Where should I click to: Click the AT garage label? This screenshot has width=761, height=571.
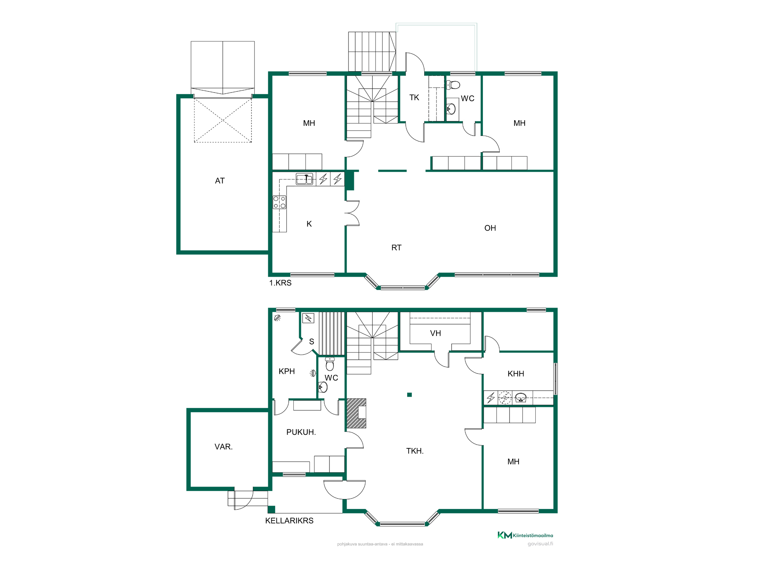click(x=220, y=181)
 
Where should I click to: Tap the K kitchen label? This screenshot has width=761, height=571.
click(x=309, y=224)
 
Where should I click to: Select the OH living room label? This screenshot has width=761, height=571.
click(x=490, y=228)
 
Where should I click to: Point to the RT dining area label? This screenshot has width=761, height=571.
click(x=396, y=248)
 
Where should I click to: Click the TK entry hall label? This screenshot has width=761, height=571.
click(x=414, y=97)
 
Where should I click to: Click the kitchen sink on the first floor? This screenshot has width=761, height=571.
click(x=304, y=179)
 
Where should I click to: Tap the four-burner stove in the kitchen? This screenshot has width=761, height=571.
click(x=280, y=202)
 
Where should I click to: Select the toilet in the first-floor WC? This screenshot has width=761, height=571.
click(x=453, y=85)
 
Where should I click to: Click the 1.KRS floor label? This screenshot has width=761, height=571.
click(x=280, y=283)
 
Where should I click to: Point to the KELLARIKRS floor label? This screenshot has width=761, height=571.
click(x=289, y=521)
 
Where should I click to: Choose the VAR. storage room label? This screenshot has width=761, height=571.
click(x=224, y=447)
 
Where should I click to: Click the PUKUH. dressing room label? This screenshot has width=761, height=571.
click(x=301, y=432)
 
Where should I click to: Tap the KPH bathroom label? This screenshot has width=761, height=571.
click(x=287, y=371)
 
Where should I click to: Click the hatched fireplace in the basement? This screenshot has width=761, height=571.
click(x=356, y=413)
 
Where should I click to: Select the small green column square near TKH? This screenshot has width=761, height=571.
click(x=409, y=395)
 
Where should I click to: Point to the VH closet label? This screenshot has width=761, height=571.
click(x=435, y=333)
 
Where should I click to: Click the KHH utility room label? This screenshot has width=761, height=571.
click(x=516, y=374)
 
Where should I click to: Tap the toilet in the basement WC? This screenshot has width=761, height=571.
click(x=330, y=364)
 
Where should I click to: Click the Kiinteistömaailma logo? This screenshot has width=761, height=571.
click(x=525, y=535)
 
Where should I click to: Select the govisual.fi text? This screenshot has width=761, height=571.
click(x=540, y=544)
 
